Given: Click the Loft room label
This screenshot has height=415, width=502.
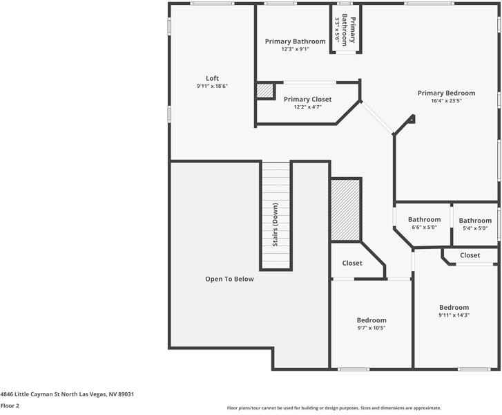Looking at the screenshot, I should tap(212, 78).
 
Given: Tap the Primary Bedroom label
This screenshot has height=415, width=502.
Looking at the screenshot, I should tap(446, 93).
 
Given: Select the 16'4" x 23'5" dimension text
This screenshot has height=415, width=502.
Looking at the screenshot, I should tap(446, 101).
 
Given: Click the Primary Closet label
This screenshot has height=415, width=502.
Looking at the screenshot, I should tap(307, 99).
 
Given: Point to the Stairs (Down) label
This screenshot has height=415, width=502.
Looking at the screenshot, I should tap(275, 225).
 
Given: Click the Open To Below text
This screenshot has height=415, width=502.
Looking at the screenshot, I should tap(229, 279).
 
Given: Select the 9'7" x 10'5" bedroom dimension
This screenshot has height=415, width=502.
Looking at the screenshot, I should tap(371, 328).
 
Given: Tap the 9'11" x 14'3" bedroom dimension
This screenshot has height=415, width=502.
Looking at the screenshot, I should tap(454, 315).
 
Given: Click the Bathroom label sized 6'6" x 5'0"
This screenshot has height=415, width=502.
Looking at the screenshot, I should tap(424, 219).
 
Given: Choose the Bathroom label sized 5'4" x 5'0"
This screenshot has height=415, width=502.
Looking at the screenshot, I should tap(475, 221).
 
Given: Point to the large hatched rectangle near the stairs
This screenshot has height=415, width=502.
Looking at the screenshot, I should tap(345, 210).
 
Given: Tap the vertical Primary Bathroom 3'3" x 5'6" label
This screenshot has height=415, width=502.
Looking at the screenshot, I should tap(345, 31).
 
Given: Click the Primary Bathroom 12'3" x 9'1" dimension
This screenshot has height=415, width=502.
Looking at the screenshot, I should tap(295, 50).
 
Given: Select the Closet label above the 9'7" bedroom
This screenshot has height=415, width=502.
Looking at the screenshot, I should tap(352, 263).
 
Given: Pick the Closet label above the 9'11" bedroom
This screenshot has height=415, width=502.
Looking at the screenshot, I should tap(470, 255).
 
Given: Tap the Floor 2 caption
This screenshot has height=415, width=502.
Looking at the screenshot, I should tap(10, 405).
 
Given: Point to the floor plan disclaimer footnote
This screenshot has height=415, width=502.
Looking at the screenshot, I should tap(334, 408).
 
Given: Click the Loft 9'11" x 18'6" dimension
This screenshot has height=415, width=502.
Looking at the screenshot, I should tap(212, 86).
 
